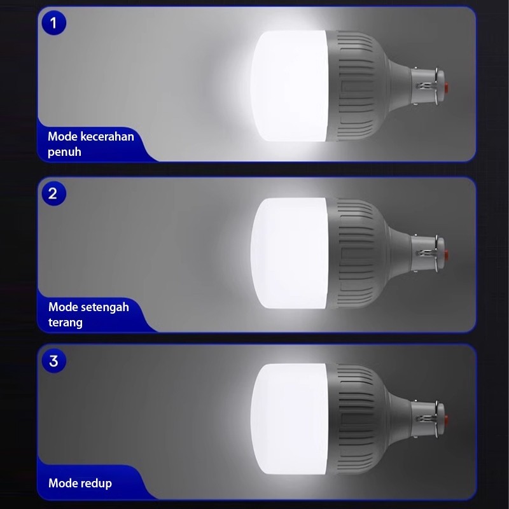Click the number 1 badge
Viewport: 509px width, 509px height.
pos(54,23)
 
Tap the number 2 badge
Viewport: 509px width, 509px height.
pos(54,193)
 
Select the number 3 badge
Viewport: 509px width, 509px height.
pos(54,361)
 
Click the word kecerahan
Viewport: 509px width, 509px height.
pos(107,136)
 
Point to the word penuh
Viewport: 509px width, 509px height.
pos(64,152)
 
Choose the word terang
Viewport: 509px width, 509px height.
pos(66,323)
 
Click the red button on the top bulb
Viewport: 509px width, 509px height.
pos(447,87)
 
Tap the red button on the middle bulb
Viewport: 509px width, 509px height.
pos(447,254)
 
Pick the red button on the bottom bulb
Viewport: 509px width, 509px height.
pos(447,419)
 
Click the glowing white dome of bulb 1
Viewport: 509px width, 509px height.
pos(289,86)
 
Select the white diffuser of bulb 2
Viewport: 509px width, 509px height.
pos(289,253)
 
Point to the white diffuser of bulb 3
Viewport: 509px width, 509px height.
pos(289,419)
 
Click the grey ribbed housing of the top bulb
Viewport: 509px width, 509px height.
pos(357,86)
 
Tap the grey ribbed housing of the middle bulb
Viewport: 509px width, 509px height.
pos(357,253)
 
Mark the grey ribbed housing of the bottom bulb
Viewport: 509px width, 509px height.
pos(357,419)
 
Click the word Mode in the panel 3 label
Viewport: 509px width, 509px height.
pos(62,483)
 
